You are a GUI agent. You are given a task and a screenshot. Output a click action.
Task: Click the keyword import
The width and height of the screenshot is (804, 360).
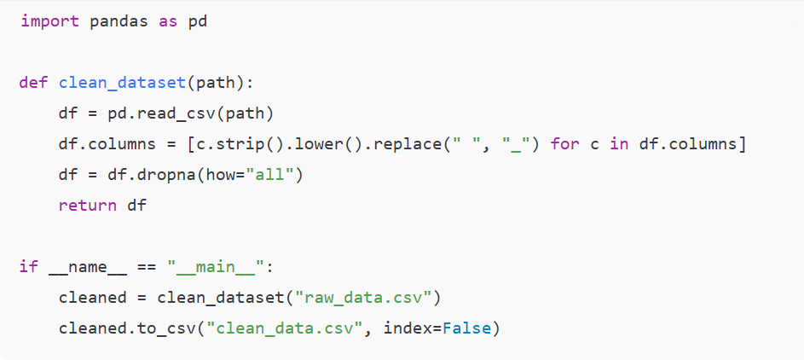tap(49, 21)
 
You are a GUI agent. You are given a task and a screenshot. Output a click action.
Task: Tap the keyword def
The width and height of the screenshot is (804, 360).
tap(34, 83)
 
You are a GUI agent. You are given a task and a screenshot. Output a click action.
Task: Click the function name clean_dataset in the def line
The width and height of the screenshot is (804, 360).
tap(123, 83)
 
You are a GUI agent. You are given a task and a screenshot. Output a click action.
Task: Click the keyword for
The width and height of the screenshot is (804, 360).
tap(565, 144)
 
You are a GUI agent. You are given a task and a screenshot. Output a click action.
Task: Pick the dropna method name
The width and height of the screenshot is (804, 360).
tap(163, 175)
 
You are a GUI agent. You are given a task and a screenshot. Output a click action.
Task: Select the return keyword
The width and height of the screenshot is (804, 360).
tap(89, 206)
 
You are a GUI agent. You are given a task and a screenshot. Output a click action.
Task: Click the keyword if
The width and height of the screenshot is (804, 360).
tap(29, 267)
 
